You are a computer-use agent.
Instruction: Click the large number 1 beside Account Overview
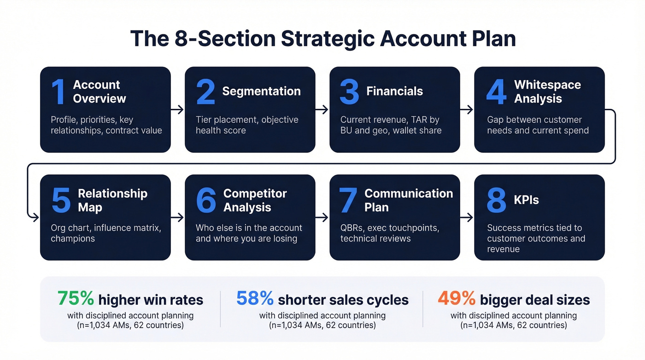[x=59, y=92]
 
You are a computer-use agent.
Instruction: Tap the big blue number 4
[x=496, y=92]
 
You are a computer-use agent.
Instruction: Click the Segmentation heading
[x=261, y=91]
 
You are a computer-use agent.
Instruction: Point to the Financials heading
[x=394, y=91]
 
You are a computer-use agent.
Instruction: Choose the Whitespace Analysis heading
[x=547, y=91]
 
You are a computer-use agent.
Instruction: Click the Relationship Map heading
[x=112, y=200]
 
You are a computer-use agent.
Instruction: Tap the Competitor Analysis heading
[x=255, y=200]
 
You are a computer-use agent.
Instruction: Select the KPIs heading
[x=526, y=200]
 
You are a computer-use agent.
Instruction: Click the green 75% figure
[x=76, y=299]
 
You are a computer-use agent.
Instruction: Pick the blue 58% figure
[x=255, y=299]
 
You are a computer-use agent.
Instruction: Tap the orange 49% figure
[x=456, y=299]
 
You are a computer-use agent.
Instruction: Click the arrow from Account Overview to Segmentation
[x=177, y=110]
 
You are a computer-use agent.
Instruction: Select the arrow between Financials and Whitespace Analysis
[x=467, y=110]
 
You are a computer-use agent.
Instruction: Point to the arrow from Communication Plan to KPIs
[x=467, y=218]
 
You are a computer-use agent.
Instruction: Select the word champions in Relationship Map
[x=73, y=238]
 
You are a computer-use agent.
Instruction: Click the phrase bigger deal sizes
[x=534, y=300]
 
